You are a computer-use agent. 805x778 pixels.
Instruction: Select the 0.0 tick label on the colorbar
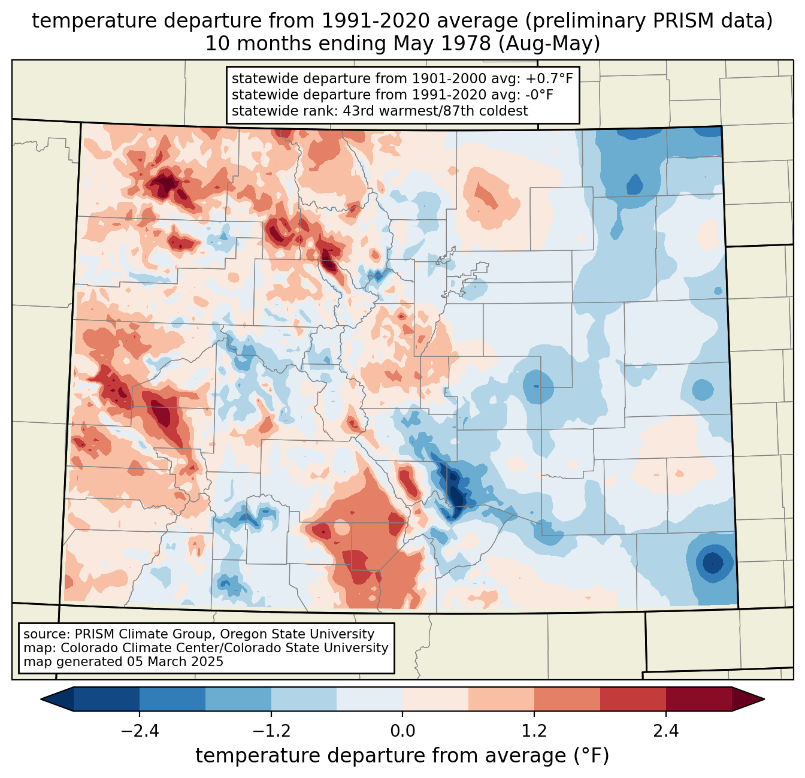click(402, 731)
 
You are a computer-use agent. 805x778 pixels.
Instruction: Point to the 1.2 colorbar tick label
click(534, 731)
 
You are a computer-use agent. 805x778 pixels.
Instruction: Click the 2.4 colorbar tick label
click(666, 731)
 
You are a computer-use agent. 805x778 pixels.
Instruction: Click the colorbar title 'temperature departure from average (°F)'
click(402, 756)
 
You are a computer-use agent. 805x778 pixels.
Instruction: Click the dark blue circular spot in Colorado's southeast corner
click(713, 563)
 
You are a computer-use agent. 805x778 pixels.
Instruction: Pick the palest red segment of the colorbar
click(435, 699)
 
